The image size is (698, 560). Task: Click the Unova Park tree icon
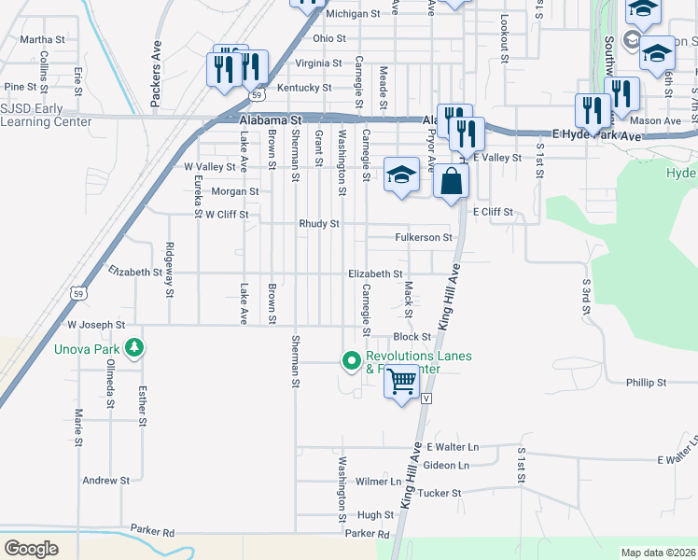(x=136, y=349)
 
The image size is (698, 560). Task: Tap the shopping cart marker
(x=401, y=381)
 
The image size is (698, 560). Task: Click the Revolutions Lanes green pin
(x=352, y=359)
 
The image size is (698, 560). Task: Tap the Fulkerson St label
(x=423, y=238)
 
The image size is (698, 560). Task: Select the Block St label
(x=412, y=337)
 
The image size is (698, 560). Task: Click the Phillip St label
(x=646, y=383)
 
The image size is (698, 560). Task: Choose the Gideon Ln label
(x=446, y=466)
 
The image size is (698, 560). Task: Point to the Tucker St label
(x=440, y=493)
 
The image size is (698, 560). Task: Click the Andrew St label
(x=105, y=481)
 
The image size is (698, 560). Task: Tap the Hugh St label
(x=375, y=515)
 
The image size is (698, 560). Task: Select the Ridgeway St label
(x=169, y=270)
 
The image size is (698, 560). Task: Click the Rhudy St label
(x=318, y=224)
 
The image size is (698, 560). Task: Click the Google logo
(x=32, y=549)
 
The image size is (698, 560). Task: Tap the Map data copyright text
(x=657, y=553)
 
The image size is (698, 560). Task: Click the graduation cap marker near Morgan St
(x=401, y=175)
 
